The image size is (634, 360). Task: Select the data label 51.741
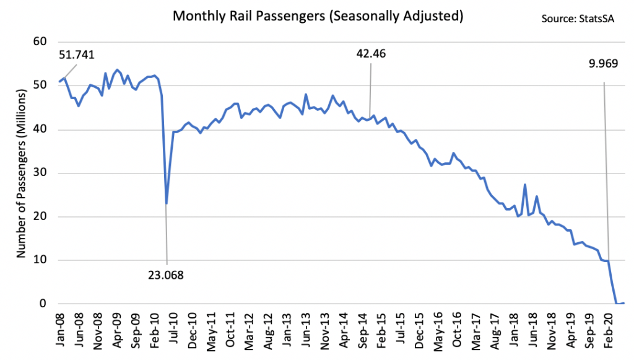coord(77,55)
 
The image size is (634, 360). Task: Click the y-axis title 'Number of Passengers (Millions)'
coord(20,173)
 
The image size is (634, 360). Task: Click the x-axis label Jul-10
coord(175,325)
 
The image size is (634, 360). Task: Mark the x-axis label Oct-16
coord(457,325)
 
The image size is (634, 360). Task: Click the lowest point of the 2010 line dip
coord(167,203)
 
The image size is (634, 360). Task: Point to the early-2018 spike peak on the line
coord(525,185)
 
